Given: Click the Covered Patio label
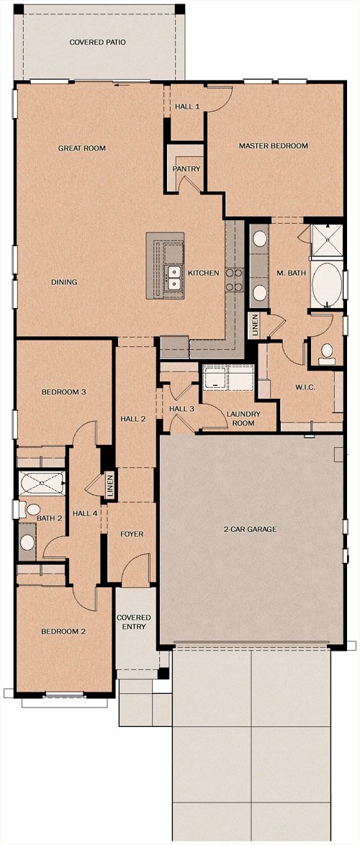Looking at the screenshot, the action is pos(97,42).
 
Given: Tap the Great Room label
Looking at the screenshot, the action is pos(82,148).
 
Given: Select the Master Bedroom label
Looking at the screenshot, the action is pos(273,145).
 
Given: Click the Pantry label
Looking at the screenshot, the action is pos(186,168).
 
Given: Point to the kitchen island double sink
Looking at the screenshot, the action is pos(174,277).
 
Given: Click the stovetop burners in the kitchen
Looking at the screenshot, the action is pos(233,280).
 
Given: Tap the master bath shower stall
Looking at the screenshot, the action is pos(327,239).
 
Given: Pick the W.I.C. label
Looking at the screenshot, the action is pos(305,387).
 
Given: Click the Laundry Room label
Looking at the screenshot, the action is pos(243,418).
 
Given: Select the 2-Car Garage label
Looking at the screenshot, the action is pos(250,529).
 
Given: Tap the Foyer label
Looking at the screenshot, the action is pos(132,534).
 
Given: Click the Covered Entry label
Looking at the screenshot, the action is pos(134,621).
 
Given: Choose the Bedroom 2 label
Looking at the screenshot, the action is pos(63,632).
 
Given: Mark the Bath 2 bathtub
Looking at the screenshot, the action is pos(42,483).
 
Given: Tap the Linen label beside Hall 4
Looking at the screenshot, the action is pos(110,486).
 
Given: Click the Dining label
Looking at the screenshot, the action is pos(64,282).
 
